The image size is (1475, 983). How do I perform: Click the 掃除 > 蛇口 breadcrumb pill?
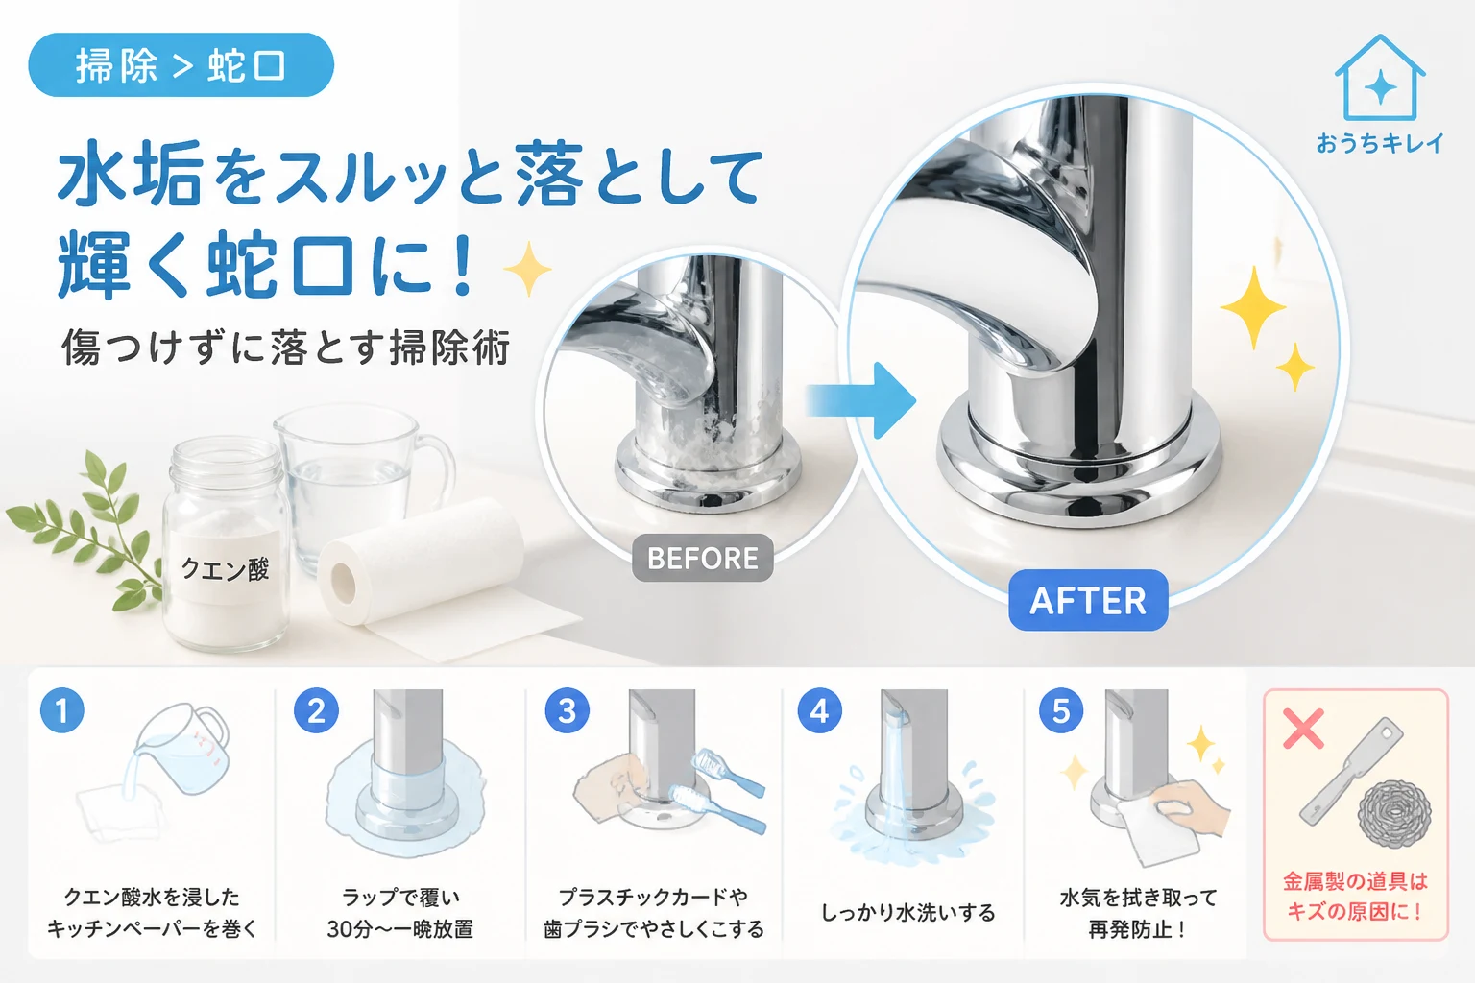tap(181, 65)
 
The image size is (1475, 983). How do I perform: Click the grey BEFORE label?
tap(703, 558)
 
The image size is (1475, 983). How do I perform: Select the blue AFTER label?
tap(1088, 600)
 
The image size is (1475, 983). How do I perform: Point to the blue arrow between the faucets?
tap(860, 399)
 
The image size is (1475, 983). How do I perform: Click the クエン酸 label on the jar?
tap(226, 568)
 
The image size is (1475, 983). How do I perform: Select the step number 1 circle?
tap(62, 710)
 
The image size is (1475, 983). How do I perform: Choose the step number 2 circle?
tap(316, 710)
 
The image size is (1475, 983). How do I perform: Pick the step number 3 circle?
tap(567, 710)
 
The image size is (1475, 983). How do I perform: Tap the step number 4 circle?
tap(819, 710)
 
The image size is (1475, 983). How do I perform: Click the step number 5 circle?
tap(1061, 710)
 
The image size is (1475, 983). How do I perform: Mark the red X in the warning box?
tap(1304, 729)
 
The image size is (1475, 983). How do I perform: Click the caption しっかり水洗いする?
tap(908, 913)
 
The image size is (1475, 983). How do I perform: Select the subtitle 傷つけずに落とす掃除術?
tap(286, 347)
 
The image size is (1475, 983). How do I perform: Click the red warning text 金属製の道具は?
tap(1355, 881)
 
